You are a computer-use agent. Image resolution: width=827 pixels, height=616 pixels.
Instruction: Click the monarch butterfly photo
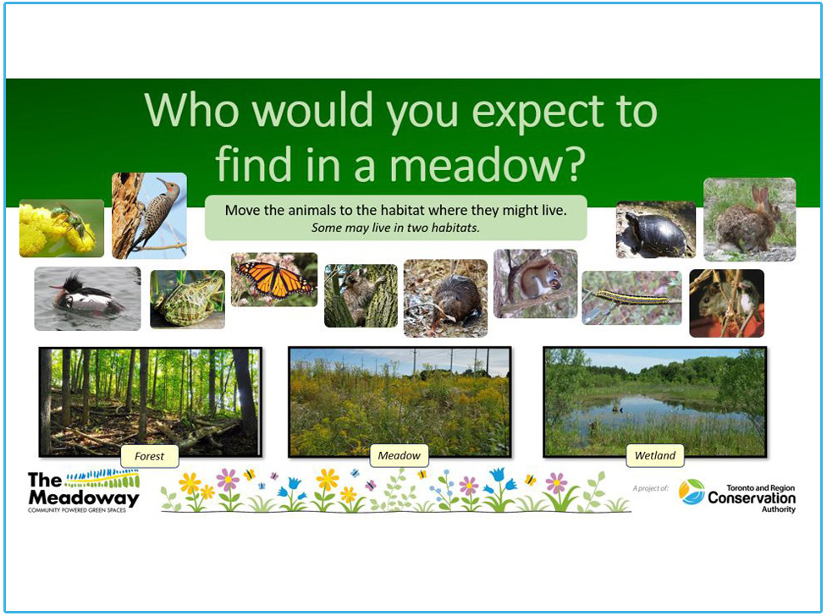(x=274, y=279)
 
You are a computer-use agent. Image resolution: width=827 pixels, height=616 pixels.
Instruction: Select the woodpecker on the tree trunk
(x=149, y=216)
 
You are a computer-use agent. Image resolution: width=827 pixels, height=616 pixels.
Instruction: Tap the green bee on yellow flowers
(x=62, y=228)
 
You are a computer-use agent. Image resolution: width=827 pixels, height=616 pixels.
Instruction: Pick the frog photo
(x=187, y=300)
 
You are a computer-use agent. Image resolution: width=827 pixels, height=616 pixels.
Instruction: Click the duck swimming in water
(x=87, y=299)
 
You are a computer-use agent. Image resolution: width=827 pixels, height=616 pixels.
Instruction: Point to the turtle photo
(x=655, y=230)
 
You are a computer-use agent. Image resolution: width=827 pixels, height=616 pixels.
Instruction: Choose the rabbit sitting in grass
(x=749, y=219)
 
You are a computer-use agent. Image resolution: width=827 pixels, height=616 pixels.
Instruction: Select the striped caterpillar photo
(x=631, y=298)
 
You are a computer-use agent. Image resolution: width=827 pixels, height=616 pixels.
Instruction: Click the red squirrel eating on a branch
(x=535, y=283)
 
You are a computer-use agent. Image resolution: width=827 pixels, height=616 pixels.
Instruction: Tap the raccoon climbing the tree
(x=361, y=296)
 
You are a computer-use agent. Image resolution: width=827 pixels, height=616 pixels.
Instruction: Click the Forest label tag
(x=150, y=456)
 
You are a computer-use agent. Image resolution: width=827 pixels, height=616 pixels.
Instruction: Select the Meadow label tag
(x=400, y=456)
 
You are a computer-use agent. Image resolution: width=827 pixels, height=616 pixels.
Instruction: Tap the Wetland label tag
(x=655, y=456)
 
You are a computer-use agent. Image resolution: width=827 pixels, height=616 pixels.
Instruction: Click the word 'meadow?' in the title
(x=488, y=164)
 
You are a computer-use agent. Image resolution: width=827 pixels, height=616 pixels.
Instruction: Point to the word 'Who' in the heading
(x=192, y=110)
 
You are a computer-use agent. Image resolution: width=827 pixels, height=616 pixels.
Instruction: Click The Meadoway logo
(x=84, y=491)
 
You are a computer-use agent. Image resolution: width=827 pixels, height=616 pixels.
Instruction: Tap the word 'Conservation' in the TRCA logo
(x=752, y=498)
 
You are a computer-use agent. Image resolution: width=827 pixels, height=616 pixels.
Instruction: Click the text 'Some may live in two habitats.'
(x=395, y=228)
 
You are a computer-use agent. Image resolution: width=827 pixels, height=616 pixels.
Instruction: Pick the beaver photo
(x=445, y=298)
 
